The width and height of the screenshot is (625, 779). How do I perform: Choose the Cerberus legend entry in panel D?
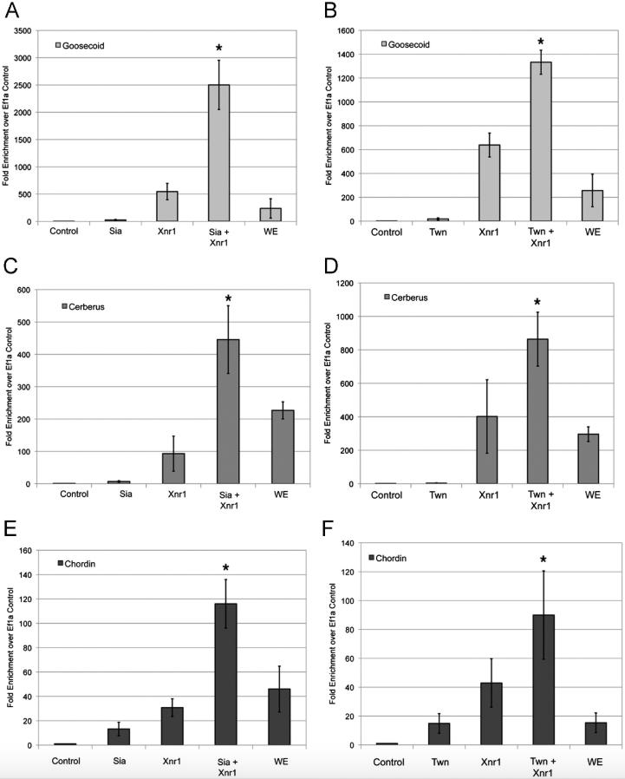407,298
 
